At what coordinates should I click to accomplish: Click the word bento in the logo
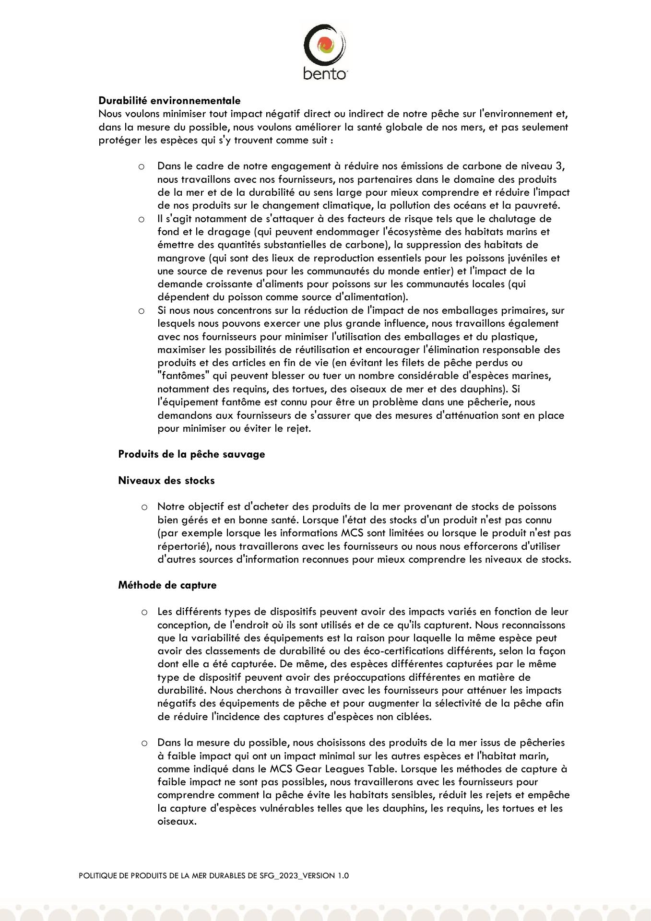(325, 74)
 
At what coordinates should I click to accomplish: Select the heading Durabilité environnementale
(169, 101)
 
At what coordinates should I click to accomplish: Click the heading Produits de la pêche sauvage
(191, 454)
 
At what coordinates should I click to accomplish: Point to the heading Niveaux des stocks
(166, 480)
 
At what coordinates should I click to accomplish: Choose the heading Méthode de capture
(167, 585)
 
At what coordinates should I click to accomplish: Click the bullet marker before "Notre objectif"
(144, 507)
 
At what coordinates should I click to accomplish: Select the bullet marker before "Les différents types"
(144, 612)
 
